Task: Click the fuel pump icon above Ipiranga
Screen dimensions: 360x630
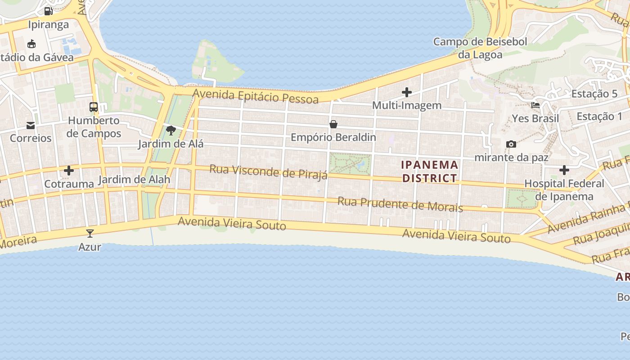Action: pos(48,11)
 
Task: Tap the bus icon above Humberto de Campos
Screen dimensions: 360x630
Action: pos(94,107)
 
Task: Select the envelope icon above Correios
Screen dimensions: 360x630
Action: pos(31,125)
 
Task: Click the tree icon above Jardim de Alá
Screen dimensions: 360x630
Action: pos(171,131)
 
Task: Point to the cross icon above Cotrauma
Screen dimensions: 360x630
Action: pos(69,171)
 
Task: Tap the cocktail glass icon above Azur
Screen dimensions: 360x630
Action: pos(90,234)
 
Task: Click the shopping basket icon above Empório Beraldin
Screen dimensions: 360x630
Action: pos(333,124)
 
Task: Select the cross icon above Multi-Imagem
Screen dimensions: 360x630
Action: pos(407,92)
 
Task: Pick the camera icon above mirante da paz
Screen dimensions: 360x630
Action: pos(511,144)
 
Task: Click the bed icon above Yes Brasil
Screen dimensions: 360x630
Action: pos(535,105)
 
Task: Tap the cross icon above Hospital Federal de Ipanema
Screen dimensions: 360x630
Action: pos(564,170)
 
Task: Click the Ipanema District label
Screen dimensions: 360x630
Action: pos(430,171)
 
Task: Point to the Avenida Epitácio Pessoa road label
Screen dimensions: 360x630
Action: pos(256,96)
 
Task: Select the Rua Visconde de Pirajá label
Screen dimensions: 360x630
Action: pos(269,172)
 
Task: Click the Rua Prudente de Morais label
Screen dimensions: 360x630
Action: pos(400,204)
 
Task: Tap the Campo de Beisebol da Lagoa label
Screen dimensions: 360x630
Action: pos(480,48)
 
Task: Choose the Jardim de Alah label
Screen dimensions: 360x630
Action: pos(134,180)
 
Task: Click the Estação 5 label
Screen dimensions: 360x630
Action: pos(594,94)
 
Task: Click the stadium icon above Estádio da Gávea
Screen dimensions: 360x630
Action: pos(31,44)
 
